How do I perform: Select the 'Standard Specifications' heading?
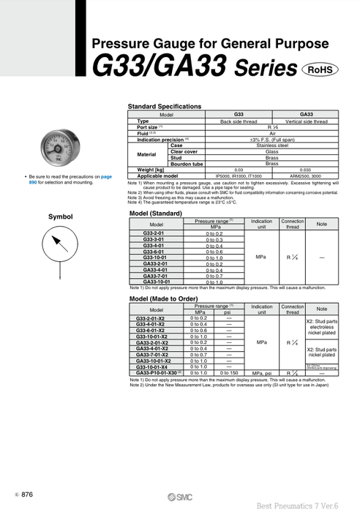(164, 107)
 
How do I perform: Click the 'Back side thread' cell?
(238, 121)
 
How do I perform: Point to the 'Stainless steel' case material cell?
(271, 145)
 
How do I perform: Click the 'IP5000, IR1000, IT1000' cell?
(238, 176)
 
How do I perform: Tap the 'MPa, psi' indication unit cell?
(261, 372)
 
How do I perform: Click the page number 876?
(28, 495)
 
